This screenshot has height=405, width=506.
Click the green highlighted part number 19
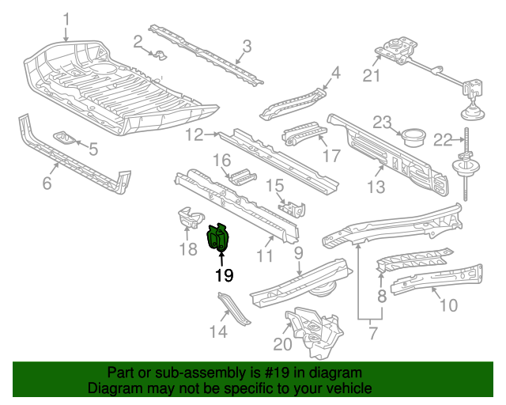click(x=217, y=238)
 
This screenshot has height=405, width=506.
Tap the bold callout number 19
click(x=225, y=275)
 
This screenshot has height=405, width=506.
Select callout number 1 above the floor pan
click(x=66, y=19)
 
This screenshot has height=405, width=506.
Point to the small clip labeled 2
click(x=158, y=55)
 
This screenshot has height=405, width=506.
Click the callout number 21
click(x=372, y=76)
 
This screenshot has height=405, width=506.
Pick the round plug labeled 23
click(x=412, y=137)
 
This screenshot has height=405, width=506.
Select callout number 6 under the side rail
click(x=47, y=184)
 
